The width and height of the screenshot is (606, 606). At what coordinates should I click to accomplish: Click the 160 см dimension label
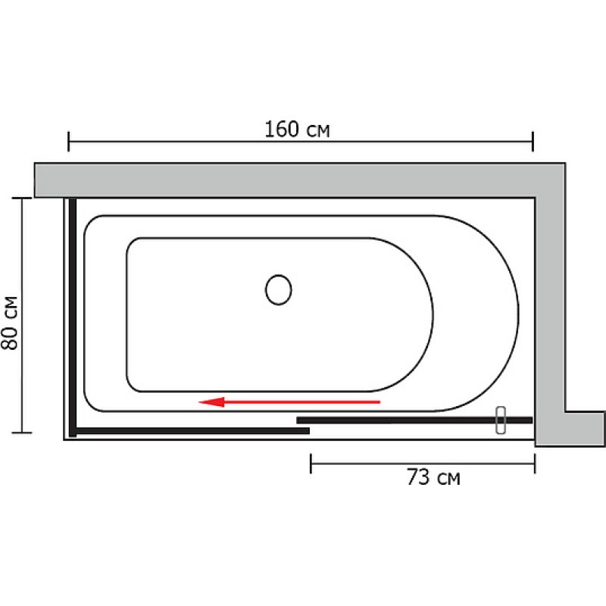[x=297, y=130]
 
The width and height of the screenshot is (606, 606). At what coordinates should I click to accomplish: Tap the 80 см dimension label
[x=10, y=323]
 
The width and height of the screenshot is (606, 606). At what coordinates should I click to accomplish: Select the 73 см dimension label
[x=433, y=477]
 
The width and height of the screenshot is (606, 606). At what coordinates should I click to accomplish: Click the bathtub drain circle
[x=278, y=290]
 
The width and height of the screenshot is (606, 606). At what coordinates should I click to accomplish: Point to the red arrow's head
[x=211, y=402]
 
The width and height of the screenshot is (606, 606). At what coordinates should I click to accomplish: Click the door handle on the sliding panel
[x=501, y=420]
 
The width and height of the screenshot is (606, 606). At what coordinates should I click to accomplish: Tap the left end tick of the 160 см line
[x=68, y=142]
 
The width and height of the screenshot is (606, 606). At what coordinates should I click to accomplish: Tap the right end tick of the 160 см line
[x=533, y=142]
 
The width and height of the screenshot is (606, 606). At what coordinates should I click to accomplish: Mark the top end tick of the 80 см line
[x=22, y=198]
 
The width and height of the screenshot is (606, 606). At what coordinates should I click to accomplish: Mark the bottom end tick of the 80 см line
[x=22, y=433]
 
